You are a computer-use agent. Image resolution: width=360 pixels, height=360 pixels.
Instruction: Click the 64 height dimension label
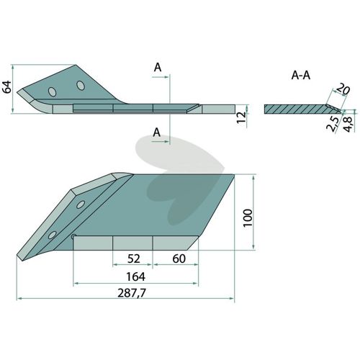click(x=7, y=87)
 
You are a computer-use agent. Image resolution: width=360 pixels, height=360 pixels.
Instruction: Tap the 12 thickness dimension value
click(x=242, y=117)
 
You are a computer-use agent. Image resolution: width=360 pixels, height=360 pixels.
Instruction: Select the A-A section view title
click(x=301, y=76)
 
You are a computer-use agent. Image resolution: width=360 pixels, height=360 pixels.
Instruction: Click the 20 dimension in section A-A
click(x=343, y=89)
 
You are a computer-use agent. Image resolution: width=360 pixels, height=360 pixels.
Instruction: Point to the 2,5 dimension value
click(x=333, y=124)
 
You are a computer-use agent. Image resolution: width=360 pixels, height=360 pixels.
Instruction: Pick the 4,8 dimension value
click(x=348, y=124)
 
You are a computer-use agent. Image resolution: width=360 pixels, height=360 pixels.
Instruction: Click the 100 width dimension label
click(x=248, y=217)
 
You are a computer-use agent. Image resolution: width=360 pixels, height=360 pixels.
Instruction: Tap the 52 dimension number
click(x=134, y=258)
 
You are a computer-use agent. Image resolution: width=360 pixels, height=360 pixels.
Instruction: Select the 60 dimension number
click(x=179, y=258)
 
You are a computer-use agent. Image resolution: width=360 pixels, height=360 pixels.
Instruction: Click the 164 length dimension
click(x=135, y=277)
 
